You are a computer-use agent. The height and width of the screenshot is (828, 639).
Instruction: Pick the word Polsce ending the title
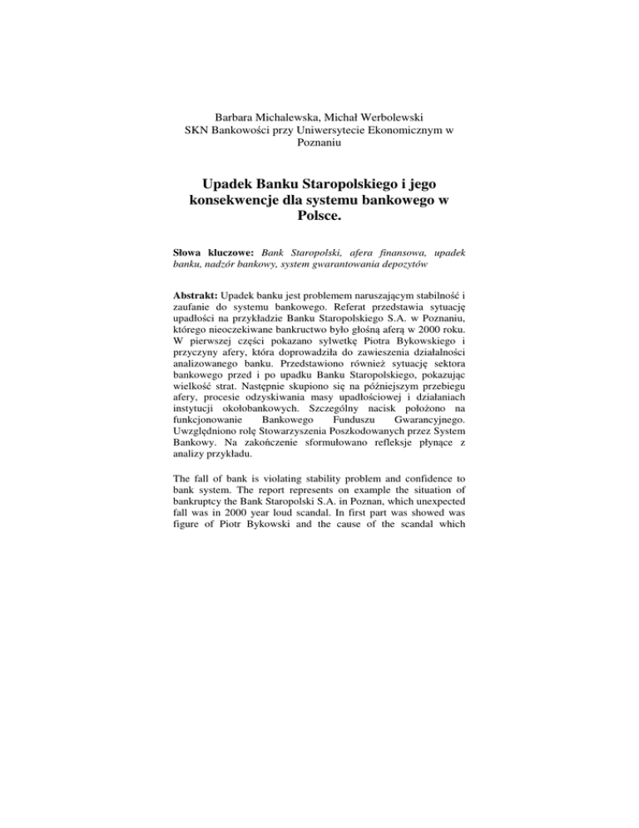pos(319,228)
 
